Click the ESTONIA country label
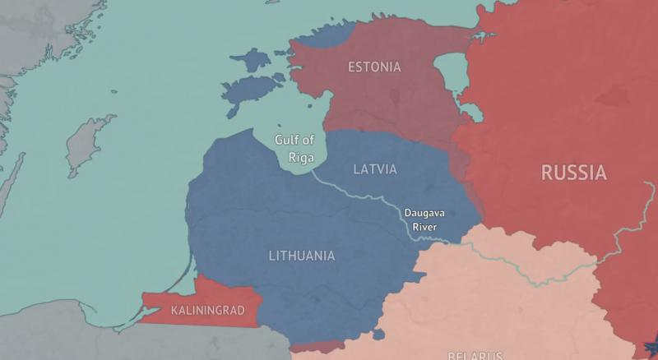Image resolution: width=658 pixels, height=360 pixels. tap(374, 67)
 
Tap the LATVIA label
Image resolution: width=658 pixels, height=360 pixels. tap(374, 169)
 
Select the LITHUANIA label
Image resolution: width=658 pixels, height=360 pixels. tap(302, 256)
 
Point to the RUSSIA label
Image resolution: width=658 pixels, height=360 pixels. tap(573, 173)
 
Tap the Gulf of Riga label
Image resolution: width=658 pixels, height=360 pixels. tap(294, 147)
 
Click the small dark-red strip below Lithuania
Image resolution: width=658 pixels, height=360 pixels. tap(317, 348)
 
